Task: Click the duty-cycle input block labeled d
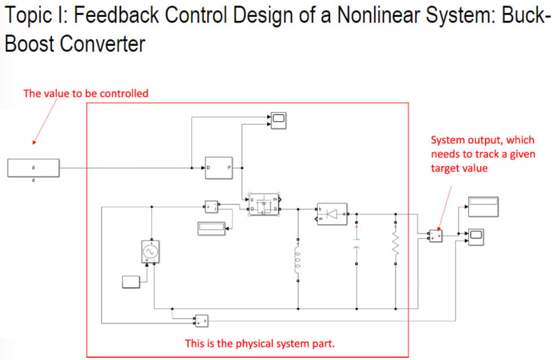(33, 168)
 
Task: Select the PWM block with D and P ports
(218, 168)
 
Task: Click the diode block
(332, 214)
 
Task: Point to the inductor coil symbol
(298, 260)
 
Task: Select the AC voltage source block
(151, 251)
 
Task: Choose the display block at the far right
(483, 206)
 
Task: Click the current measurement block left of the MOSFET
(211, 207)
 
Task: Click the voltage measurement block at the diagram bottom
(202, 321)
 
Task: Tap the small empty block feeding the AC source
(131, 281)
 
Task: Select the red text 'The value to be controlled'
(86, 93)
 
